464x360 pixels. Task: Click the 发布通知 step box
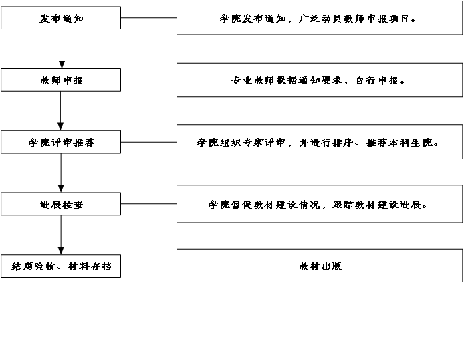coord(61,19)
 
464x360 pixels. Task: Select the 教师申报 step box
coord(61,80)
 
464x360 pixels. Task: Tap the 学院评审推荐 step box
coord(61,142)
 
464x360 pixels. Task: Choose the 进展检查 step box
coord(61,204)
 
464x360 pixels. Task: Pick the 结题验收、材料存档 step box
coord(61,266)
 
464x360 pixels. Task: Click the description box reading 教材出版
coord(320,266)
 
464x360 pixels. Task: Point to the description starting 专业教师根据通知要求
coord(320,80)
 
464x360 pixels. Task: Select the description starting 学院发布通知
coord(320,19)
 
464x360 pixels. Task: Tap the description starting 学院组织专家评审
coord(320,142)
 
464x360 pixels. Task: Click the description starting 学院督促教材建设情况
coord(320,204)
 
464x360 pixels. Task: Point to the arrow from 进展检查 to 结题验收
coord(61,235)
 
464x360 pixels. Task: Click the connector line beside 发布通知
coord(148,19)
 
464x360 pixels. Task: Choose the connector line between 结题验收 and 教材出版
coord(148,266)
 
